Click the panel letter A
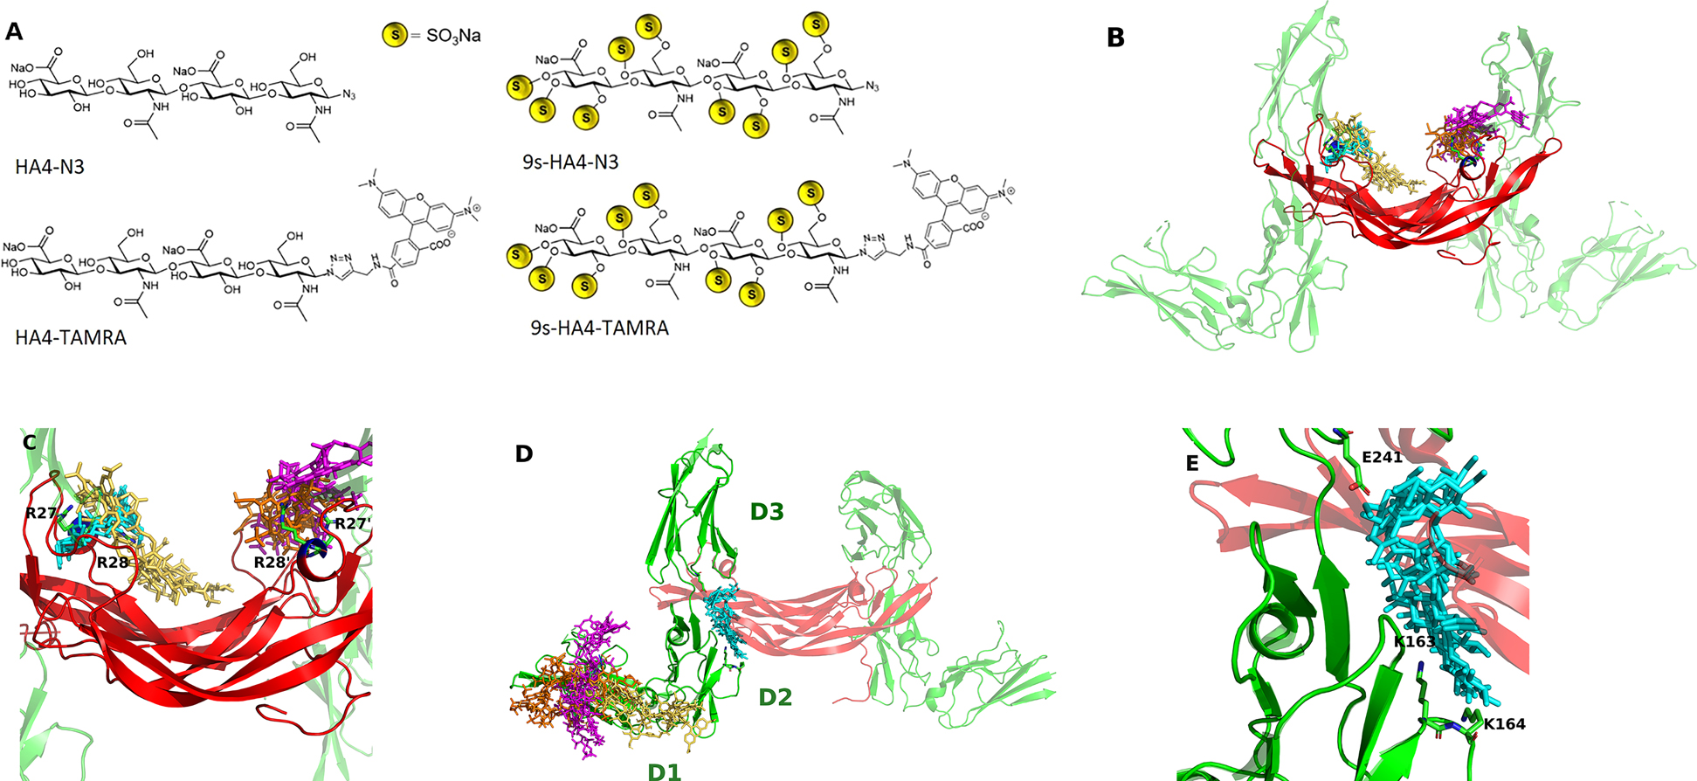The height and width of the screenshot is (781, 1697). [14, 32]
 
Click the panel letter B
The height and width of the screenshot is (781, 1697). [1115, 38]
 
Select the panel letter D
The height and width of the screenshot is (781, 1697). [524, 453]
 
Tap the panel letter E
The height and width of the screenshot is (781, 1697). [1192, 463]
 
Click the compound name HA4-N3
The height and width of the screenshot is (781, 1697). [50, 166]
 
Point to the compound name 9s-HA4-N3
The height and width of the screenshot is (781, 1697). [570, 161]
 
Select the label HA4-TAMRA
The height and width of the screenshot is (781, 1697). [71, 337]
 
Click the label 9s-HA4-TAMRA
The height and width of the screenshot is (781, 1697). [599, 328]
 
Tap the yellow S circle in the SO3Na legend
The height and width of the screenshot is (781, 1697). [395, 36]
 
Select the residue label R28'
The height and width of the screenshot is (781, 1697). [272, 562]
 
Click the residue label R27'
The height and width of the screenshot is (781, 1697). [348, 523]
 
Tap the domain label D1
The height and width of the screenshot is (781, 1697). [664, 771]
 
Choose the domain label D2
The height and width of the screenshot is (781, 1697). [775, 697]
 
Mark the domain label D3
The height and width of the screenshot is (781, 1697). [767, 511]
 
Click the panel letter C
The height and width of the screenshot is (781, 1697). [30, 442]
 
